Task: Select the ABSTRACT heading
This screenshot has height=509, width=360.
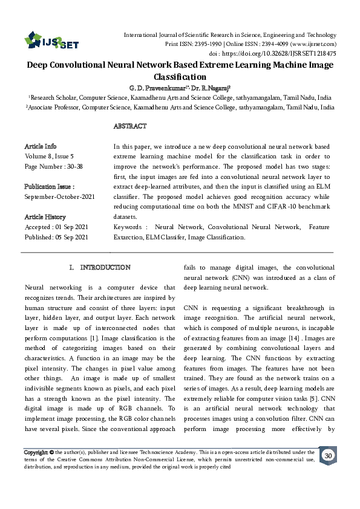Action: tap(130, 126)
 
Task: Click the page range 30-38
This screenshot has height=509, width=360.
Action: tap(80, 165)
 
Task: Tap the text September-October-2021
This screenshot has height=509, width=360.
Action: tap(59, 196)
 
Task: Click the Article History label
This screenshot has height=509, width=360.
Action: tap(45, 216)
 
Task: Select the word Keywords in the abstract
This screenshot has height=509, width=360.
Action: tap(129, 227)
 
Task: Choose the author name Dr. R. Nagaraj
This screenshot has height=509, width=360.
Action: tap(209, 87)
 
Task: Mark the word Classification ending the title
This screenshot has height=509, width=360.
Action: tap(180, 77)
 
